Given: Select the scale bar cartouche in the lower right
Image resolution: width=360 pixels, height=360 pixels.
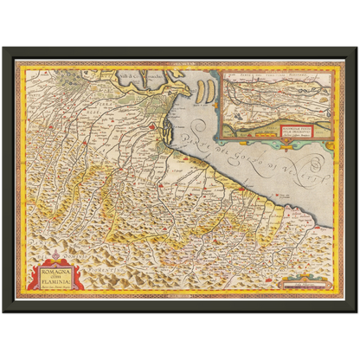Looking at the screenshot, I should coord(305,280).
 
